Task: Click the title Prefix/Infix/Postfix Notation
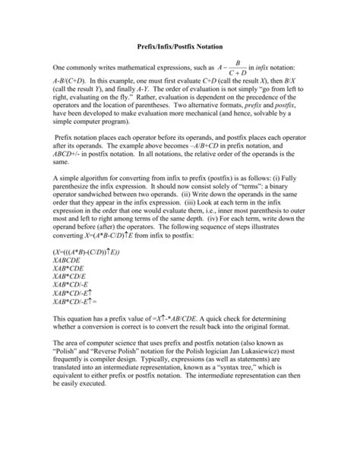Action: point(179,48)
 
